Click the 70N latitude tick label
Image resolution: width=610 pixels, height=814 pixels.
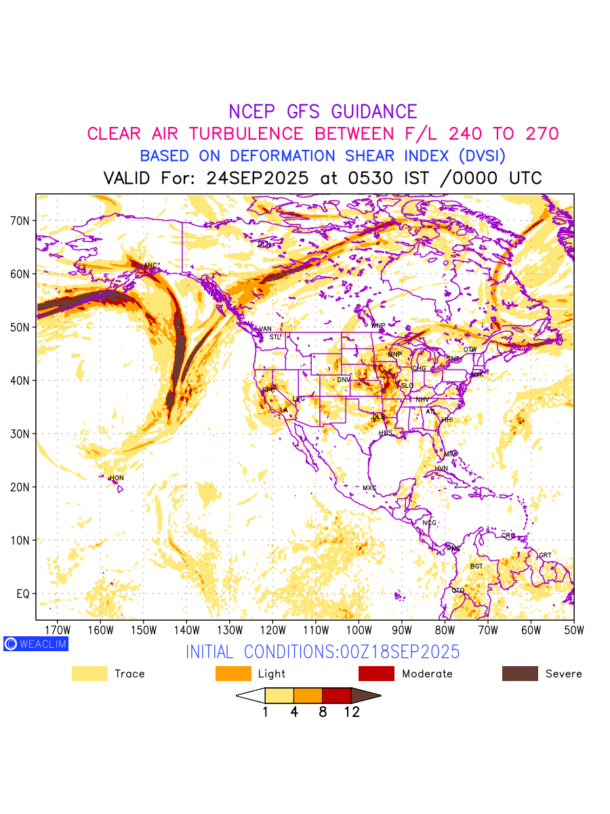[20, 220]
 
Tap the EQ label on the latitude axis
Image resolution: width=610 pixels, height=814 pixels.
[22, 594]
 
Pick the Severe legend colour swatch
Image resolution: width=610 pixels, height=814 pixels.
[520, 674]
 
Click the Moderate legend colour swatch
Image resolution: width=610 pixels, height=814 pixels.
[376, 674]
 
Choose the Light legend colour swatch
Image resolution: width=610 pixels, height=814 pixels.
[233, 674]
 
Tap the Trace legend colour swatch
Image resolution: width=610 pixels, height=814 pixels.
[89, 674]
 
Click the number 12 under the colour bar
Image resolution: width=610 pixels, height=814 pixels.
[352, 712]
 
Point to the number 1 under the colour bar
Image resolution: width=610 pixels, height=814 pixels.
[265, 712]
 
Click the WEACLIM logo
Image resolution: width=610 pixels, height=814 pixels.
[35, 644]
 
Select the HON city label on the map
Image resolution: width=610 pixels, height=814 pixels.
[117, 478]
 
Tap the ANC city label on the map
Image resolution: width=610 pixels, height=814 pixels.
[150, 265]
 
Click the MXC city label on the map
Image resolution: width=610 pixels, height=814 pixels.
[369, 488]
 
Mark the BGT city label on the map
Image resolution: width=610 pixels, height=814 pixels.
[477, 566]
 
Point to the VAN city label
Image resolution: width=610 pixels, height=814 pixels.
[266, 329]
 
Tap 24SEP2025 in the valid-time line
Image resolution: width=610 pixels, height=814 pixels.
[258, 178]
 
